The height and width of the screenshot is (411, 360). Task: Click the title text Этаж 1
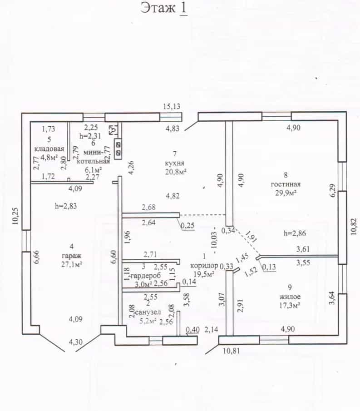click(164, 8)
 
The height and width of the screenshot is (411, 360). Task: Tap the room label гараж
click(72, 255)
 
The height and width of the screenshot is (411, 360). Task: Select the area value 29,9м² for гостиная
click(286, 193)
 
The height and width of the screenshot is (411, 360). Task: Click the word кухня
click(174, 163)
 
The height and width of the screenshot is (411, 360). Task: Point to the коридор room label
click(204, 265)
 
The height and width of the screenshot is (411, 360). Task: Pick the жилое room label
click(290, 297)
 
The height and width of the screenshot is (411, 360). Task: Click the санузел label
click(148, 312)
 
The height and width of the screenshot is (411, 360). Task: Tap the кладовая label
click(49, 149)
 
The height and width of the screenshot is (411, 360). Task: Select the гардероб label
click(145, 276)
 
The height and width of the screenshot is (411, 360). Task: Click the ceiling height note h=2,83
click(66, 206)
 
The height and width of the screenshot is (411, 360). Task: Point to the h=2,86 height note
click(295, 233)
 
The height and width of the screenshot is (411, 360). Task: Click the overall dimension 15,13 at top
click(172, 106)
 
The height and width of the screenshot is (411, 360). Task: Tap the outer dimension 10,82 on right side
click(354, 226)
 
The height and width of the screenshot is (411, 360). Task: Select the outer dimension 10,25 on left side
click(15, 216)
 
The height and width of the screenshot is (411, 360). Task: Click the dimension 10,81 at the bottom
click(232, 351)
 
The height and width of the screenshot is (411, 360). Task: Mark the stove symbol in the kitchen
click(118, 149)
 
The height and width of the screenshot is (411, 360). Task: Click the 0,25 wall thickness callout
click(187, 226)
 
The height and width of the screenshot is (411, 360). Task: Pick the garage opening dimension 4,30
click(75, 342)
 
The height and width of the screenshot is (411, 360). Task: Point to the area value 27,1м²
click(72, 264)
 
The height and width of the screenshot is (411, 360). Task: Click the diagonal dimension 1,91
click(250, 235)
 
